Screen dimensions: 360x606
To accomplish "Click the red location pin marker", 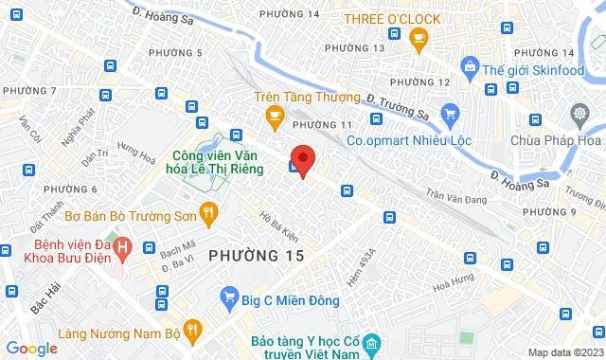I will pos(302,159).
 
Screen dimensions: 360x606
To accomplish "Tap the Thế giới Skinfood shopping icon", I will pos(469,67).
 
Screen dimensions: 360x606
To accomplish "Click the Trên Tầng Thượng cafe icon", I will pos(276,117).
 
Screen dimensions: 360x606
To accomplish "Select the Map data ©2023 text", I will pos(563,352).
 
